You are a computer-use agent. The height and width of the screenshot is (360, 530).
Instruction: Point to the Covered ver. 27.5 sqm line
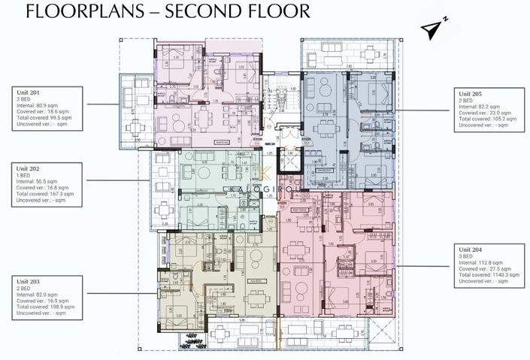click(482, 268)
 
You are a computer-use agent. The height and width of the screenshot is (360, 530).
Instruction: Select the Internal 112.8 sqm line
click(480, 261)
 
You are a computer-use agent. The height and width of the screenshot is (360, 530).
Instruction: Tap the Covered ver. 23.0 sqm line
click(482, 113)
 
